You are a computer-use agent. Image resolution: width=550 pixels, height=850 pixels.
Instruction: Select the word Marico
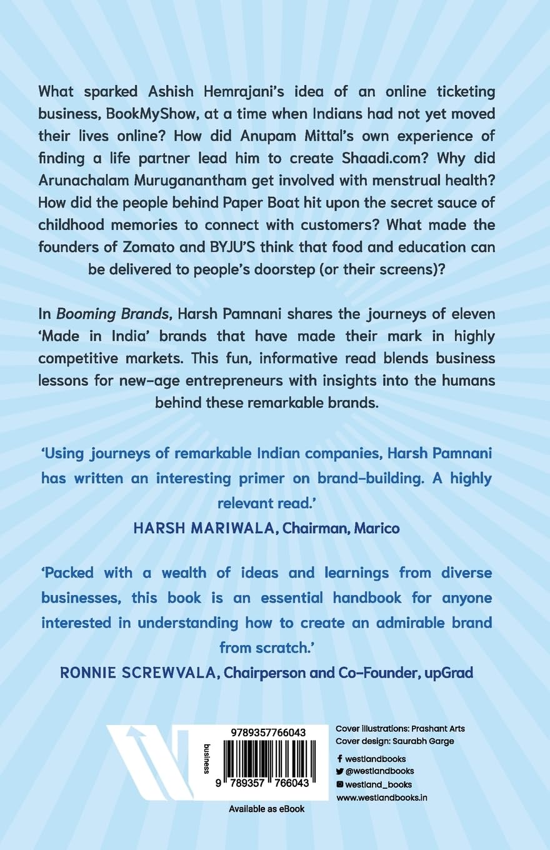coord(376,527)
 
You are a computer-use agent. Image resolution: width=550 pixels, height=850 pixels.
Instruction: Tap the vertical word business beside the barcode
coord(207,759)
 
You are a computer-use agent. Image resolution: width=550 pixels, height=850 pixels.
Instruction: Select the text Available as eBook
coord(267,809)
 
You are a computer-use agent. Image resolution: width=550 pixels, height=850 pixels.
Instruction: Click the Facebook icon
coord(339,759)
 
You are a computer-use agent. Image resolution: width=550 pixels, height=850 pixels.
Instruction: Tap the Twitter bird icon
coord(339,771)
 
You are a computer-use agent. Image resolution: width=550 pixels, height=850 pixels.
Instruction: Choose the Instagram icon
coord(339,784)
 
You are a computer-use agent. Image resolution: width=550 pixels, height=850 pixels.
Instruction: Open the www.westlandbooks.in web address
coord(382,797)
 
